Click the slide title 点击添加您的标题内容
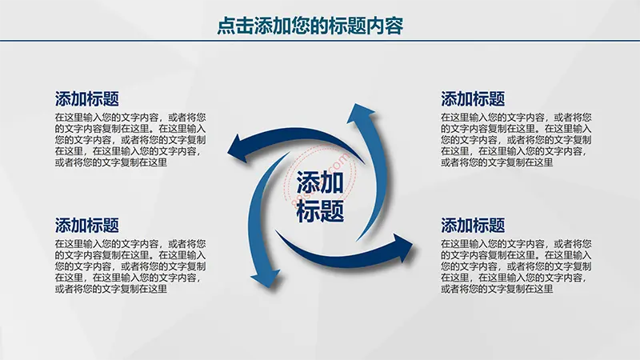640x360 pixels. point(310,26)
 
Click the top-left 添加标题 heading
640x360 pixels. point(87,98)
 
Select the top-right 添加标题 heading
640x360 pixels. point(473,98)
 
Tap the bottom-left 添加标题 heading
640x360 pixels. point(87,226)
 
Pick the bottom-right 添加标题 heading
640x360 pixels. point(473,226)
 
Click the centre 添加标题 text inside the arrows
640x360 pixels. point(320,197)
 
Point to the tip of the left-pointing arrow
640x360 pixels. point(228,153)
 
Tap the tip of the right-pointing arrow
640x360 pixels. point(413,245)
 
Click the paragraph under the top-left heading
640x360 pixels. point(130,140)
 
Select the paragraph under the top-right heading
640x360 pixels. point(516,140)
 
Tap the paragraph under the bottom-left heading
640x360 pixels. point(130,266)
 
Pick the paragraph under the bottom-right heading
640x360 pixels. point(516,266)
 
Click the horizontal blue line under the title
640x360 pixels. point(320,41)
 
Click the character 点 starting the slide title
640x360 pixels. point(226,26)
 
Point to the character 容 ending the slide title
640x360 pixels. point(394,26)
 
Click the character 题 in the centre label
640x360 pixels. point(332,211)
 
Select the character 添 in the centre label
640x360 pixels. point(308,182)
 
